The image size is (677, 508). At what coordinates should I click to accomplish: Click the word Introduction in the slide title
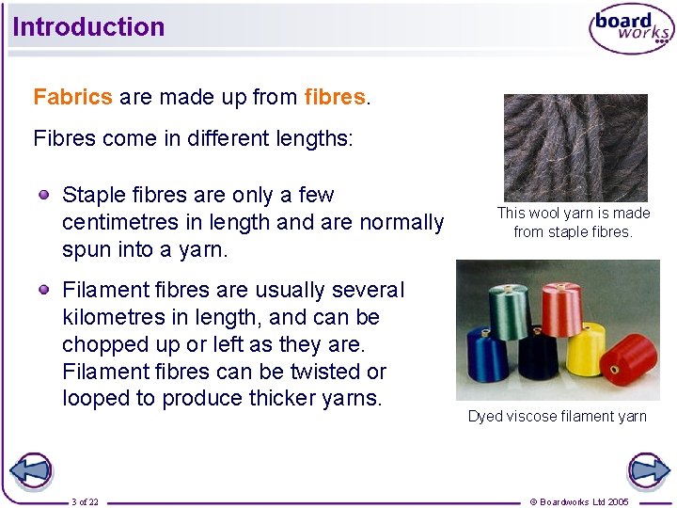point(88,27)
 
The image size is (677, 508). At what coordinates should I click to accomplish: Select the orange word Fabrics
point(72,97)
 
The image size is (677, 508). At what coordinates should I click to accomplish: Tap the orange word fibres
point(335,97)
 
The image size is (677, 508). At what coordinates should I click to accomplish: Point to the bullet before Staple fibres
point(44,195)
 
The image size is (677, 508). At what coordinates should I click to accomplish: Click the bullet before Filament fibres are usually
point(44,290)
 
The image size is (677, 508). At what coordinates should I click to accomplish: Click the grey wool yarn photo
point(575,147)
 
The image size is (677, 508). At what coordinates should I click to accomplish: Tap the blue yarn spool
point(488,354)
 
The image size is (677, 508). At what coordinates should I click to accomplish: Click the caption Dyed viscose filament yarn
point(557,416)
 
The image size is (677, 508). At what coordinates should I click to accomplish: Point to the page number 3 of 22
point(85,501)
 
